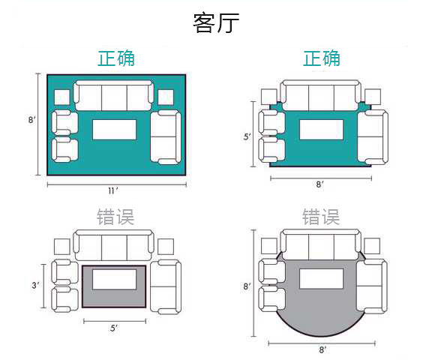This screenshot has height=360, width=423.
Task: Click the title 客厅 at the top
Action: coord(216,23)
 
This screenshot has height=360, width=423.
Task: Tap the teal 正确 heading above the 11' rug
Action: coord(116,58)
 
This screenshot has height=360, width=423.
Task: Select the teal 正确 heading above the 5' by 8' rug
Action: coord(322,58)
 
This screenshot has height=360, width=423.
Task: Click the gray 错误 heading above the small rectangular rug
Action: coord(115,217)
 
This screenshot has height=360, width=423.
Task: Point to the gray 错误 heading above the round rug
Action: coord(321,217)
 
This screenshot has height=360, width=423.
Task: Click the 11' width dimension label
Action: coord(113,190)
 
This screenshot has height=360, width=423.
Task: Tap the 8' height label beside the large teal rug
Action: coord(32,119)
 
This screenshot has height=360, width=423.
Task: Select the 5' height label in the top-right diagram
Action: coord(247,136)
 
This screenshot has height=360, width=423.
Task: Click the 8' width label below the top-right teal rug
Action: coord(320,184)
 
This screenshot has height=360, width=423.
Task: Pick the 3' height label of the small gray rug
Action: coord(35,285)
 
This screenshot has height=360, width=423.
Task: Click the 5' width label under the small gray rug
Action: coord(114,328)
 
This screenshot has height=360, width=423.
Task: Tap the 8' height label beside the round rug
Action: coord(247,286)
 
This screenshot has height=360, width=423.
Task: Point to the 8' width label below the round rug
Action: coord(322,349)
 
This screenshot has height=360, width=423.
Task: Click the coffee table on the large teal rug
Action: coord(115,130)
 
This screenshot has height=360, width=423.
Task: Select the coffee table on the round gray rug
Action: coord(321,279)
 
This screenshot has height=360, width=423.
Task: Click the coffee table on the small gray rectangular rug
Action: coord(115,280)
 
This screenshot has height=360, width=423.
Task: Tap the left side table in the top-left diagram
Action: coord(62,97)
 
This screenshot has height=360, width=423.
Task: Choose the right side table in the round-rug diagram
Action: coord(372,246)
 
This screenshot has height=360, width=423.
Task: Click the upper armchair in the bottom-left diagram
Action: coord(64,272)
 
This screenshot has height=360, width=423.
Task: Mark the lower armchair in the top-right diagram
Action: coord(272,150)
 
